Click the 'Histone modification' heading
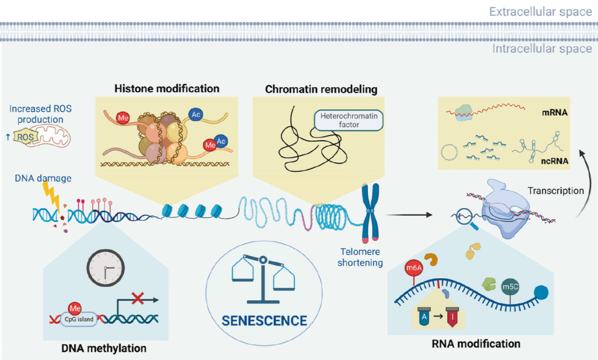(x=166, y=89)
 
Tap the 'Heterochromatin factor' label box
(x=347, y=120)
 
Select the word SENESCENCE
(x=265, y=320)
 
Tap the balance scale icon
(x=263, y=275)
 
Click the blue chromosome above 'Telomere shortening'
(x=370, y=214)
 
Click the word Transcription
(x=555, y=191)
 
